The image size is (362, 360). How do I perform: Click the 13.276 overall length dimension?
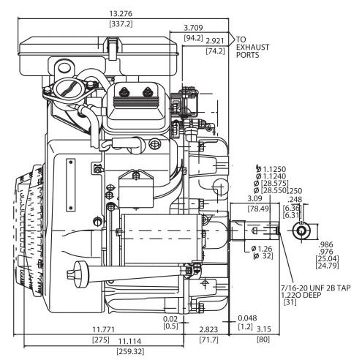click(x=121, y=14)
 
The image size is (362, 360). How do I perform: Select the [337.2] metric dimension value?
click(x=121, y=24)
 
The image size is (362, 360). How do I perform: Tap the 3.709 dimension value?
click(x=193, y=28)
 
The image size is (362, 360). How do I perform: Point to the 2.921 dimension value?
click(x=215, y=41)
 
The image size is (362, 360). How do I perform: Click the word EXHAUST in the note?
click(x=252, y=47)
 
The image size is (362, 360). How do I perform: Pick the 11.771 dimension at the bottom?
click(x=103, y=329)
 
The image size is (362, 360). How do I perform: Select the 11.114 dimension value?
click(x=130, y=341)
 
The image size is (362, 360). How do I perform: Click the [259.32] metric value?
click(x=130, y=351)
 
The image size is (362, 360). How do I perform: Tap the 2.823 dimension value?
click(x=208, y=329)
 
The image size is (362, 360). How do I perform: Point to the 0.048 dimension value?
click(x=247, y=318)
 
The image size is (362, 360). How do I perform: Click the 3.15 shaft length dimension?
click(x=264, y=329)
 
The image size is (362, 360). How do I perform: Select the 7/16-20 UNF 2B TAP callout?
click(x=316, y=288)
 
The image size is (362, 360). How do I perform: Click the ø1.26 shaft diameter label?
click(x=262, y=249)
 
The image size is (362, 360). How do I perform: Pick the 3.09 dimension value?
click(x=255, y=198)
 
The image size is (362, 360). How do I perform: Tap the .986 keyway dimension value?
click(x=326, y=244)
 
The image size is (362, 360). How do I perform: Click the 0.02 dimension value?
click(x=170, y=318)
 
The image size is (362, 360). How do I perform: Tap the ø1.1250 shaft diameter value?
click(x=271, y=169)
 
